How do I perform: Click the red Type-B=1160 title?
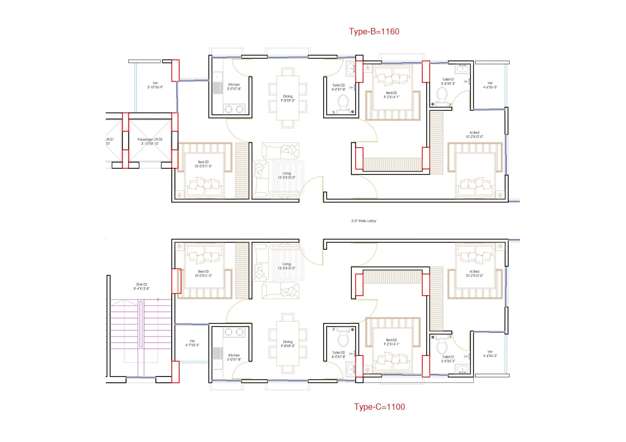[374, 32]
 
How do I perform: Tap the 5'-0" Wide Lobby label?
[364, 221]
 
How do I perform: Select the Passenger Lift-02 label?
[150, 140]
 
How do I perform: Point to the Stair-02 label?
[142, 284]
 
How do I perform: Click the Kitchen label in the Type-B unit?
[234, 85]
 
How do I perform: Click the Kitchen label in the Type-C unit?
[234, 355]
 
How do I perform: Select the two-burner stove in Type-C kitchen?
[234, 332]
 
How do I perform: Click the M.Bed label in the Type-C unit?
[474, 272]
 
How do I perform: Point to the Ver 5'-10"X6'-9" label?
[155, 85]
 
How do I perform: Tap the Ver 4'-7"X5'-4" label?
[192, 343]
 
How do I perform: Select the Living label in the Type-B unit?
[287, 173]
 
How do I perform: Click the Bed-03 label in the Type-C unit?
[203, 271]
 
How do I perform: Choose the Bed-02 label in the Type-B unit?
[391, 93]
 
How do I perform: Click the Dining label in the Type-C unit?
[288, 342]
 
